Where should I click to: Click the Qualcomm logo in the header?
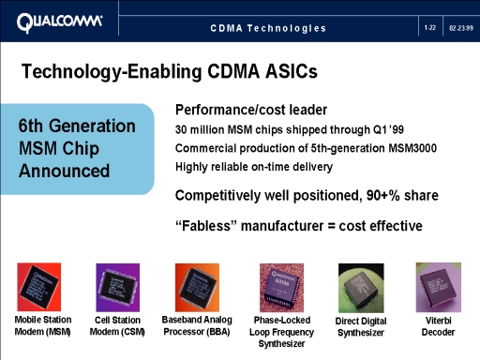[x=59, y=22]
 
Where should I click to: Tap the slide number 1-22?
[x=430, y=28]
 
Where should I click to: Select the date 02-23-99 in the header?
[x=461, y=28]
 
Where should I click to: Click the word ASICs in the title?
[x=292, y=71]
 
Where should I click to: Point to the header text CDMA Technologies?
[x=268, y=28]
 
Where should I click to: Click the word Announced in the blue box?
[x=64, y=171]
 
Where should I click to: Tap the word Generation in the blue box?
[x=92, y=126]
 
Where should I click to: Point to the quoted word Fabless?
[x=206, y=226]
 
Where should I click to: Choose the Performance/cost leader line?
[x=251, y=110]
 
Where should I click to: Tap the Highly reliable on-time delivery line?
[x=254, y=167]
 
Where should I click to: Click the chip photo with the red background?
[x=39, y=287]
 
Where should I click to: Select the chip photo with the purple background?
[x=118, y=288]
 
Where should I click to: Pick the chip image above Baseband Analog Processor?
[x=197, y=288]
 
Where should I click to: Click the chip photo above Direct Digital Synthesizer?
[x=361, y=288]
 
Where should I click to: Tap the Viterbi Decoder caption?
[x=438, y=326]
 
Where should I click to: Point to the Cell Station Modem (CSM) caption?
[x=117, y=325]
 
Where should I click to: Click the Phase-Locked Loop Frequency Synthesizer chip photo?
[x=281, y=288]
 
